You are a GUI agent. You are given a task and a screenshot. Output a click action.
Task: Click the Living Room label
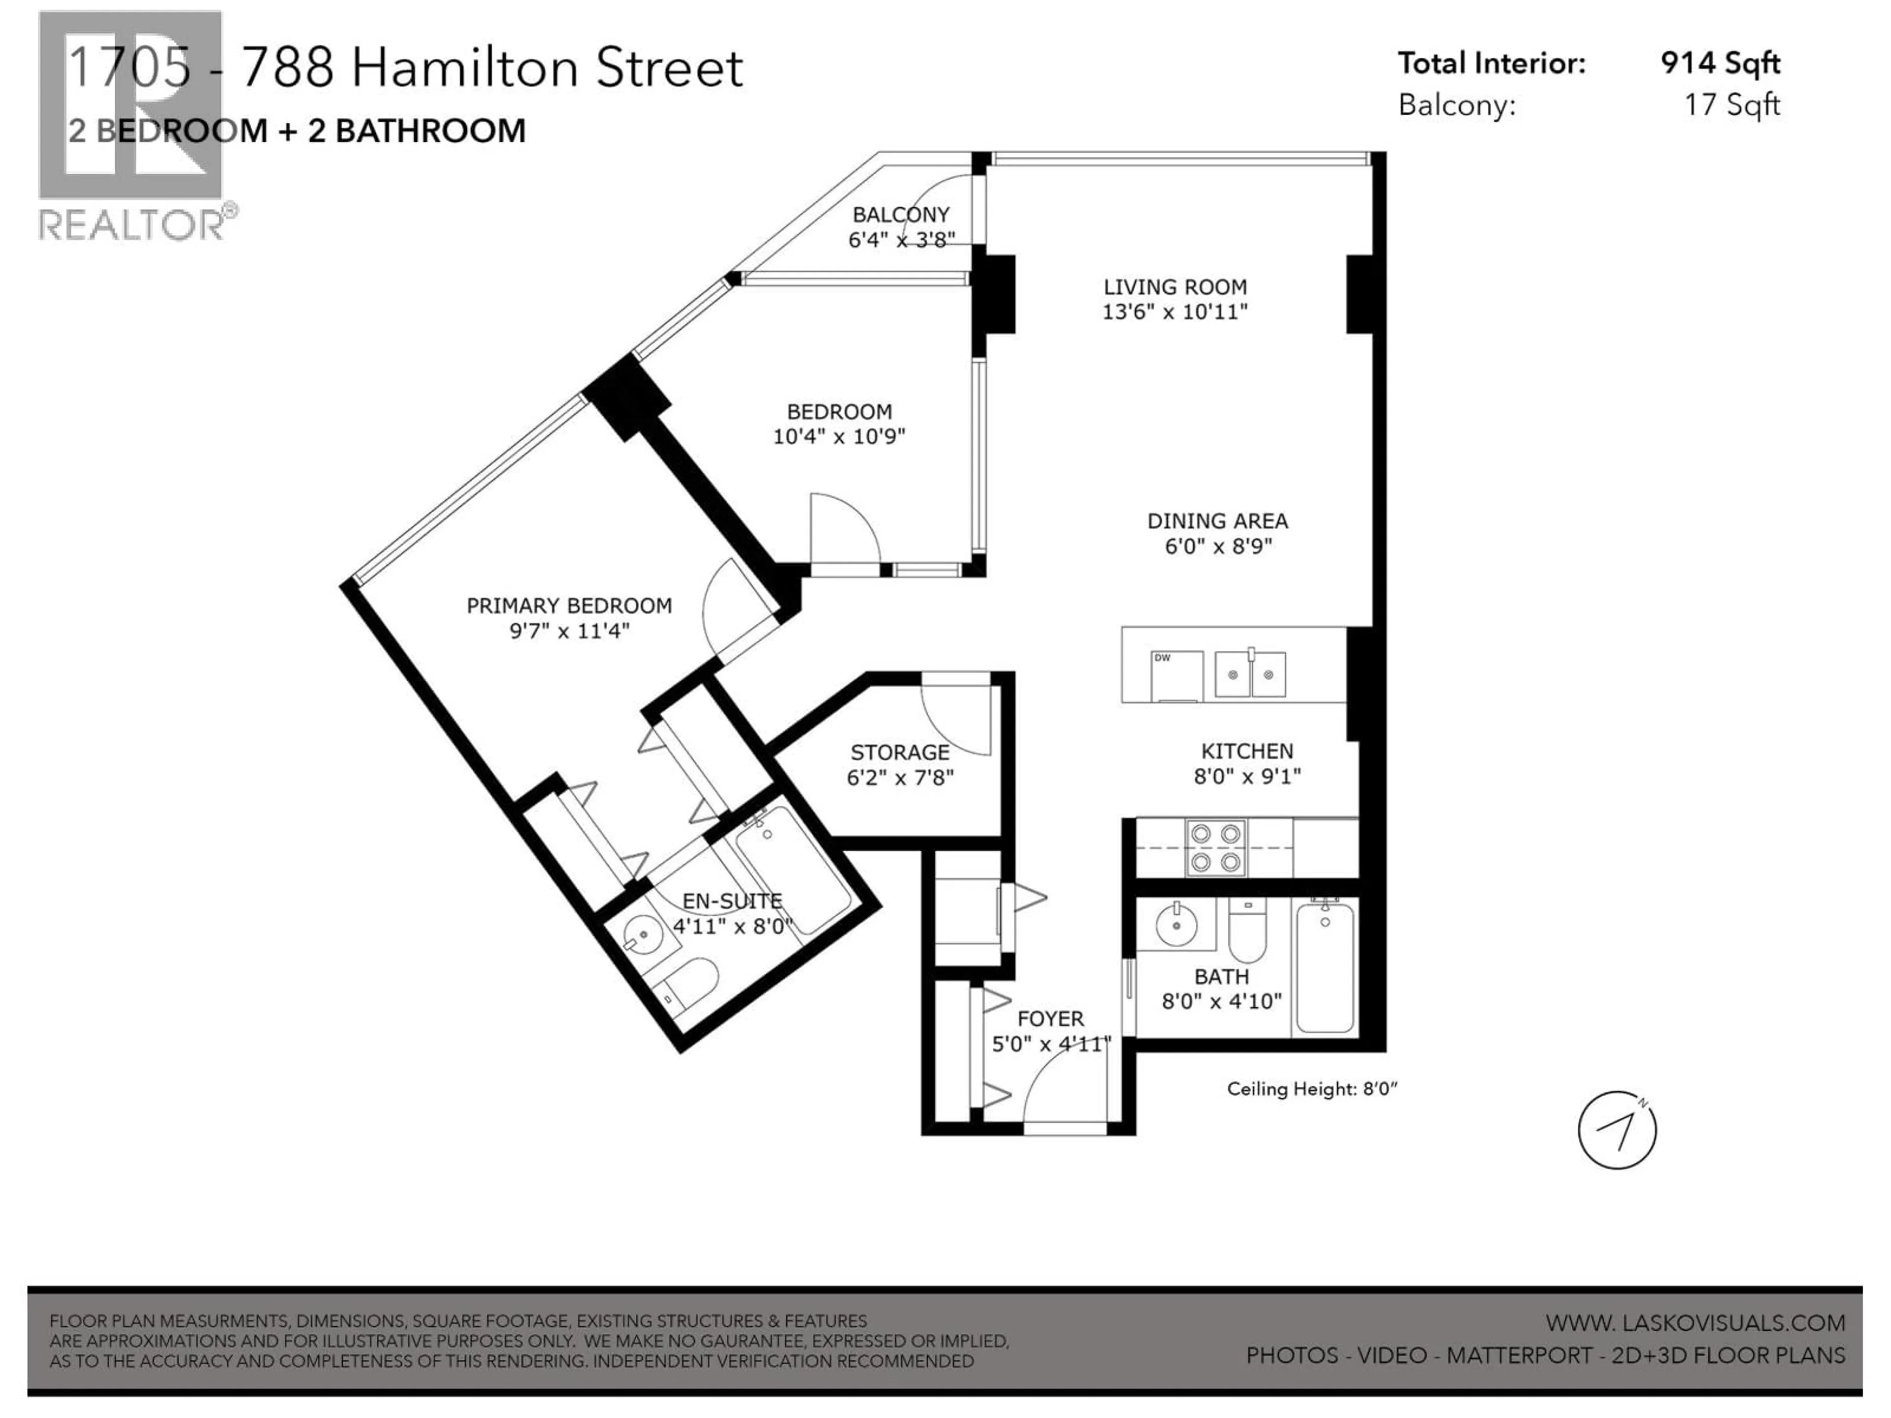pos(1174,287)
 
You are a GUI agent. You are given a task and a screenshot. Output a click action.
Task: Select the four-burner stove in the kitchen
pos(1215,847)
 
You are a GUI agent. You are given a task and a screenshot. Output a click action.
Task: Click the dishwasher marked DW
pos(1176,676)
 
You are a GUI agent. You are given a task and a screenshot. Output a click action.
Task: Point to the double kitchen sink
pos(1250,674)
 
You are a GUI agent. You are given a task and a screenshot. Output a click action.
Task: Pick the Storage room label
pos(899,752)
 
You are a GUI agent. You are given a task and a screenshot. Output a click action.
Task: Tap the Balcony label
pos(900,215)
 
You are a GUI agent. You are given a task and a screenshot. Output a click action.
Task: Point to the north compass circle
pos(1617,1130)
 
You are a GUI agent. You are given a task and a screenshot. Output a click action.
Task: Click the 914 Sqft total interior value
pos(1720,63)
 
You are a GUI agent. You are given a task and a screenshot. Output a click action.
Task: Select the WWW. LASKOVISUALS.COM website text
pos(1695,1323)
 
